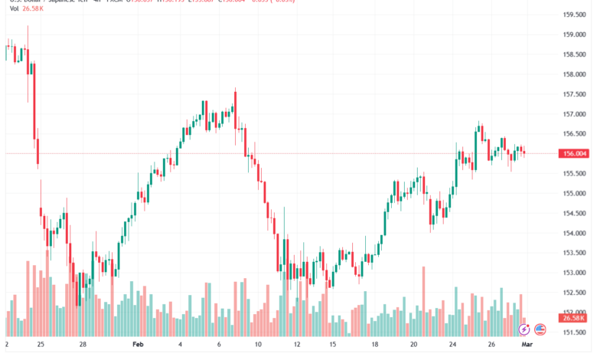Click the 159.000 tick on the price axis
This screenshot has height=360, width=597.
[x=574, y=34]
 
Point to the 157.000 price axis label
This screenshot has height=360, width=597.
[x=574, y=114]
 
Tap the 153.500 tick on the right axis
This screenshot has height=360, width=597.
[x=574, y=253]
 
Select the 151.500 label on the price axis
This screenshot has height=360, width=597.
[x=574, y=332]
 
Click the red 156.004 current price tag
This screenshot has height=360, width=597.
[x=574, y=153]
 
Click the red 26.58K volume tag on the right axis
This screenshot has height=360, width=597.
[x=574, y=318]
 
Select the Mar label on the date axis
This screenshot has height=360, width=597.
[x=540, y=345]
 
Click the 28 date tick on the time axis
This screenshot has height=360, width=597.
[x=83, y=345]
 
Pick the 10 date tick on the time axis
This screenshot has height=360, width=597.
[x=259, y=345]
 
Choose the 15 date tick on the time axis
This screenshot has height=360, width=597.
[x=332, y=345]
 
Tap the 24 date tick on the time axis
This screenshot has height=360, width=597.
[x=453, y=345]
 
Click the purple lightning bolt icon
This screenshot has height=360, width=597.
[x=524, y=329]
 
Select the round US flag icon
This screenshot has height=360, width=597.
[x=540, y=329]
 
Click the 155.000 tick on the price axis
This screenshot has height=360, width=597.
[x=574, y=193]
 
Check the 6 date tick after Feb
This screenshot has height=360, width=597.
[x=219, y=345]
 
